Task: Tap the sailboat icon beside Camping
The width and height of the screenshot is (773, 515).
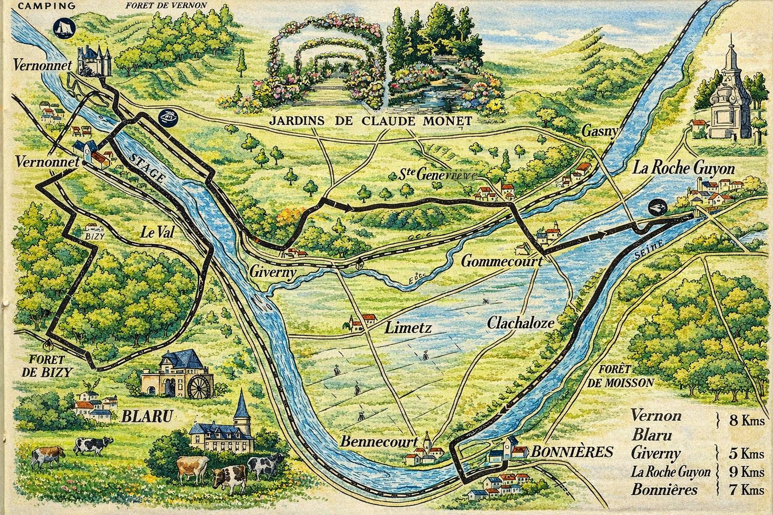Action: (63, 26)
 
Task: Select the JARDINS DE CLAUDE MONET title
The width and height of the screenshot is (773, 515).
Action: (370, 121)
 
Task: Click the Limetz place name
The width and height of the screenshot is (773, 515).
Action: (408, 328)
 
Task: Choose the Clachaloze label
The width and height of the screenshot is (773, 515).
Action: (520, 323)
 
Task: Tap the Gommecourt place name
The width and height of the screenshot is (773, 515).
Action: (501, 262)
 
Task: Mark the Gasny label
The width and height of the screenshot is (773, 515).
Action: (599, 131)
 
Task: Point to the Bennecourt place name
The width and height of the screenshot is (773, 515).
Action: (379, 442)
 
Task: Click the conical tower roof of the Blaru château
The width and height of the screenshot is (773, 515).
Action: (242, 404)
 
